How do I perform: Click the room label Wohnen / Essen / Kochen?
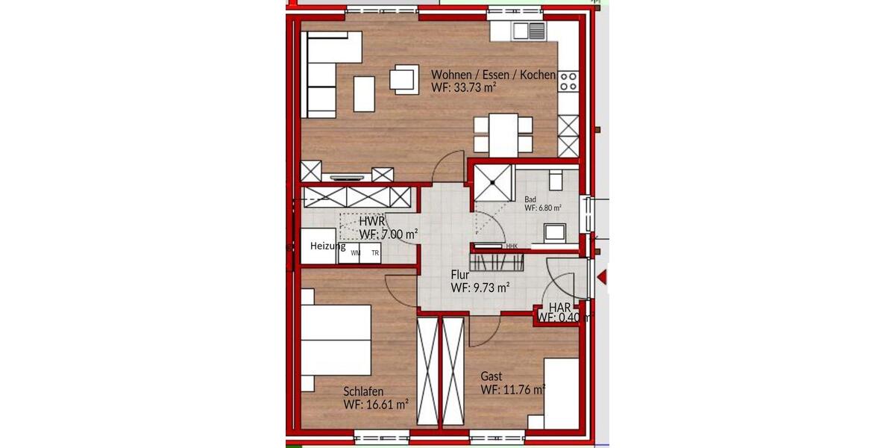[x=493, y=75]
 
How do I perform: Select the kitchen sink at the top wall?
[x=529, y=31]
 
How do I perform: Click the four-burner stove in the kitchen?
[x=568, y=80]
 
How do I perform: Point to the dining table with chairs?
[x=503, y=134]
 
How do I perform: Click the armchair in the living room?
[x=404, y=78]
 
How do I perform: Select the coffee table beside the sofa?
[x=364, y=94]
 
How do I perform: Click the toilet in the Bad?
[x=556, y=181]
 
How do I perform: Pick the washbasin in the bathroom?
[x=554, y=234]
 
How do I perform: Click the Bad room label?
[x=530, y=199]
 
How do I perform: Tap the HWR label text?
[x=371, y=222]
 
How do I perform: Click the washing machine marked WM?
[x=355, y=253]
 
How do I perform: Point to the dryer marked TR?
[x=375, y=253]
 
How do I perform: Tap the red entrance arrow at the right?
[x=603, y=278]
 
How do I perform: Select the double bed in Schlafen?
[x=336, y=340]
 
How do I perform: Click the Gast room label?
[x=492, y=376]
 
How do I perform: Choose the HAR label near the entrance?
[x=560, y=307]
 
